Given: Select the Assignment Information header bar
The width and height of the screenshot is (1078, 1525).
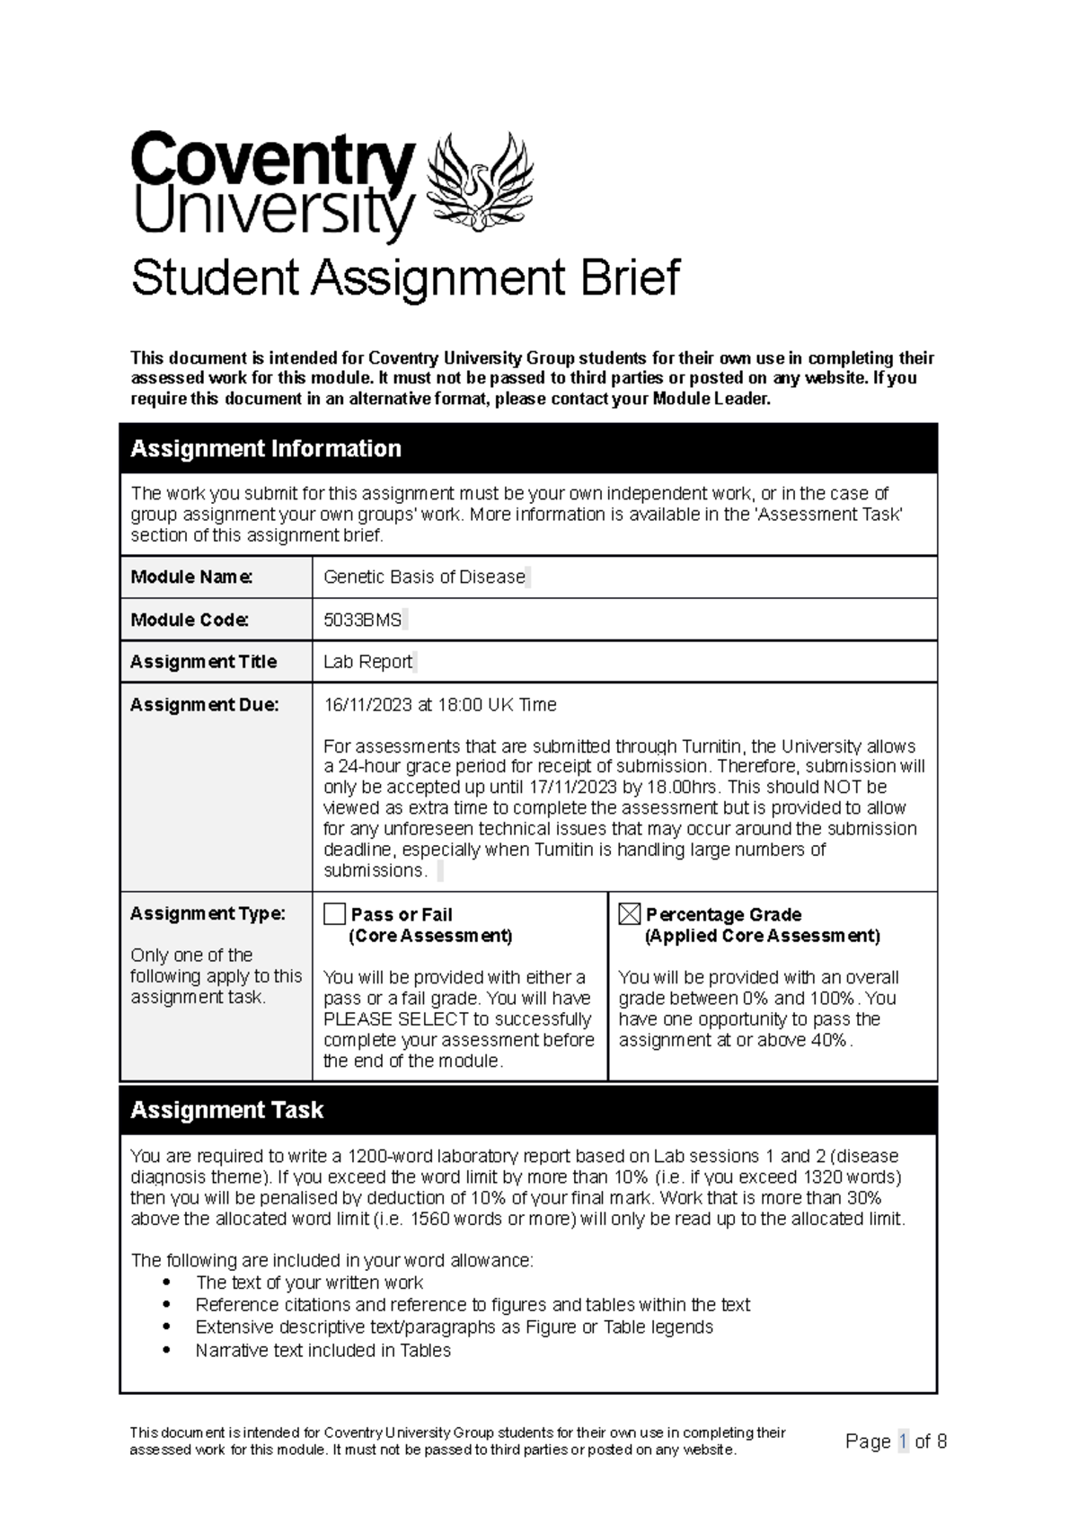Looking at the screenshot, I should pos(528,448).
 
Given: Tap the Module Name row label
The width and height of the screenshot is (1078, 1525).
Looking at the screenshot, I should pos(191,577).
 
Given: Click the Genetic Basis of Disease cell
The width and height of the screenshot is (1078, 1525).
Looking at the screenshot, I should pos(424,577).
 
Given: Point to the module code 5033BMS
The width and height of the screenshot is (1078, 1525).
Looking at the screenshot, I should pos(363,621).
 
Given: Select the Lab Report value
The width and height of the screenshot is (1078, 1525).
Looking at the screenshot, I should pos(367,662).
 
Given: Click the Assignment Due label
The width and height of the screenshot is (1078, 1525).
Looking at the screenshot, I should pos(204,705).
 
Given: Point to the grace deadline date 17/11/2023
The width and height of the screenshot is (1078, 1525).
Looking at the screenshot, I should pos(573,787).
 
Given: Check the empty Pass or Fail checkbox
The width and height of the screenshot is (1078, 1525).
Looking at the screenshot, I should pos(334,914).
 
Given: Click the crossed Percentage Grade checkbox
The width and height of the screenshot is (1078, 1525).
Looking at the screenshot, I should pos(630,914).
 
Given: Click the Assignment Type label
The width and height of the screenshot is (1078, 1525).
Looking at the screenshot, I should pos(208,913).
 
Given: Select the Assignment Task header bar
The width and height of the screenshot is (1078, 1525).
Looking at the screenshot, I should pos(528,1110).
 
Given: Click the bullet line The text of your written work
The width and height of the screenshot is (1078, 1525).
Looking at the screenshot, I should pos(308,1283).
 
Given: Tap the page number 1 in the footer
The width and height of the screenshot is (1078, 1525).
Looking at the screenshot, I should pos(903,1441).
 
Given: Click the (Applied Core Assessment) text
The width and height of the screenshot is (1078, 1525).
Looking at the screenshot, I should pos(762,936).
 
